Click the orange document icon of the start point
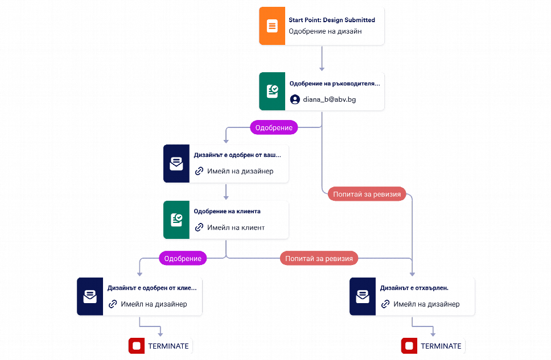(x=272, y=26)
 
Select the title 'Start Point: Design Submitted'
(x=332, y=20)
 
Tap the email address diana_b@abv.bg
(x=329, y=100)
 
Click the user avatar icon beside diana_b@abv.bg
(x=295, y=100)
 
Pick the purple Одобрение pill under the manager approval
(x=274, y=127)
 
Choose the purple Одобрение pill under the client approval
(x=183, y=259)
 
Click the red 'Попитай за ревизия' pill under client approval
(x=319, y=259)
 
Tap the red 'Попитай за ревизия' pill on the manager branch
(x=367, y=195)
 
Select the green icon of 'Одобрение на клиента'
(x=176, y=220)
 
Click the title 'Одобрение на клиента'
(x=227, y=211)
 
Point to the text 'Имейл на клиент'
(x=236, y=227)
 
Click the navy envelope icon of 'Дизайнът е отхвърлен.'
(x=363, y=296)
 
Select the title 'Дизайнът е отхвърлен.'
(x=414, y=288)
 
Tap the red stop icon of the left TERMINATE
(x=137, y=346)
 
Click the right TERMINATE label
(x=441, y=346)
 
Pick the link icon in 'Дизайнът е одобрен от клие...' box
(x=113, y=304)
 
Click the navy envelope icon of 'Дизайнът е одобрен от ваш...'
(x=176, y=164)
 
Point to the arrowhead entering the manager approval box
(x=322, y=69)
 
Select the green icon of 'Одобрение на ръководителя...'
(x=272, y=92)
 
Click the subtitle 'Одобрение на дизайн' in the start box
(x=325, y=31)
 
